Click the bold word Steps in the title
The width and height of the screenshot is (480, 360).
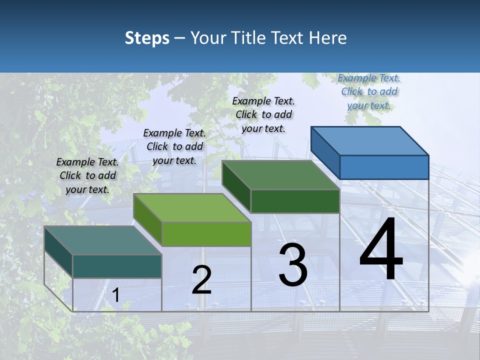(x=147, y=38)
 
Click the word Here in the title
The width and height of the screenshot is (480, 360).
(x=327, y=38)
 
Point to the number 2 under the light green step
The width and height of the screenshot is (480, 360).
(x=201, y=280)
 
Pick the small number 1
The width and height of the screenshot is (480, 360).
(x=116, y=295)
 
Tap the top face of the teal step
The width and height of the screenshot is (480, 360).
(x=102, y=240)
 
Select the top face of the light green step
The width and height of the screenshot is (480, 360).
(x=192, y=207)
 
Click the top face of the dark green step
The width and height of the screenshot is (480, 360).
(x=281, y=175)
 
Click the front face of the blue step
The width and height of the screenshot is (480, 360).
(x=384, y=167)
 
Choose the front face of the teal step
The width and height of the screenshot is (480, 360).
(x=117, y=266)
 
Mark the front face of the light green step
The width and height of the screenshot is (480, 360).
(x=206, y=234)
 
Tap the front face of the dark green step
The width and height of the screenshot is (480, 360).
(x=295, y=201)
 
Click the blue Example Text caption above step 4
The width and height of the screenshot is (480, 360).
(x=369, y=91)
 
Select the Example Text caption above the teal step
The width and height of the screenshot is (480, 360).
(x=87, y=175)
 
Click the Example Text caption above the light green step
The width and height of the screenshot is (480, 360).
(x=174, y=146)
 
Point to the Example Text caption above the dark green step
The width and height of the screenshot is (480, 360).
(x=263, y=114)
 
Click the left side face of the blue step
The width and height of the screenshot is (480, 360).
(x=325, y=152)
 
